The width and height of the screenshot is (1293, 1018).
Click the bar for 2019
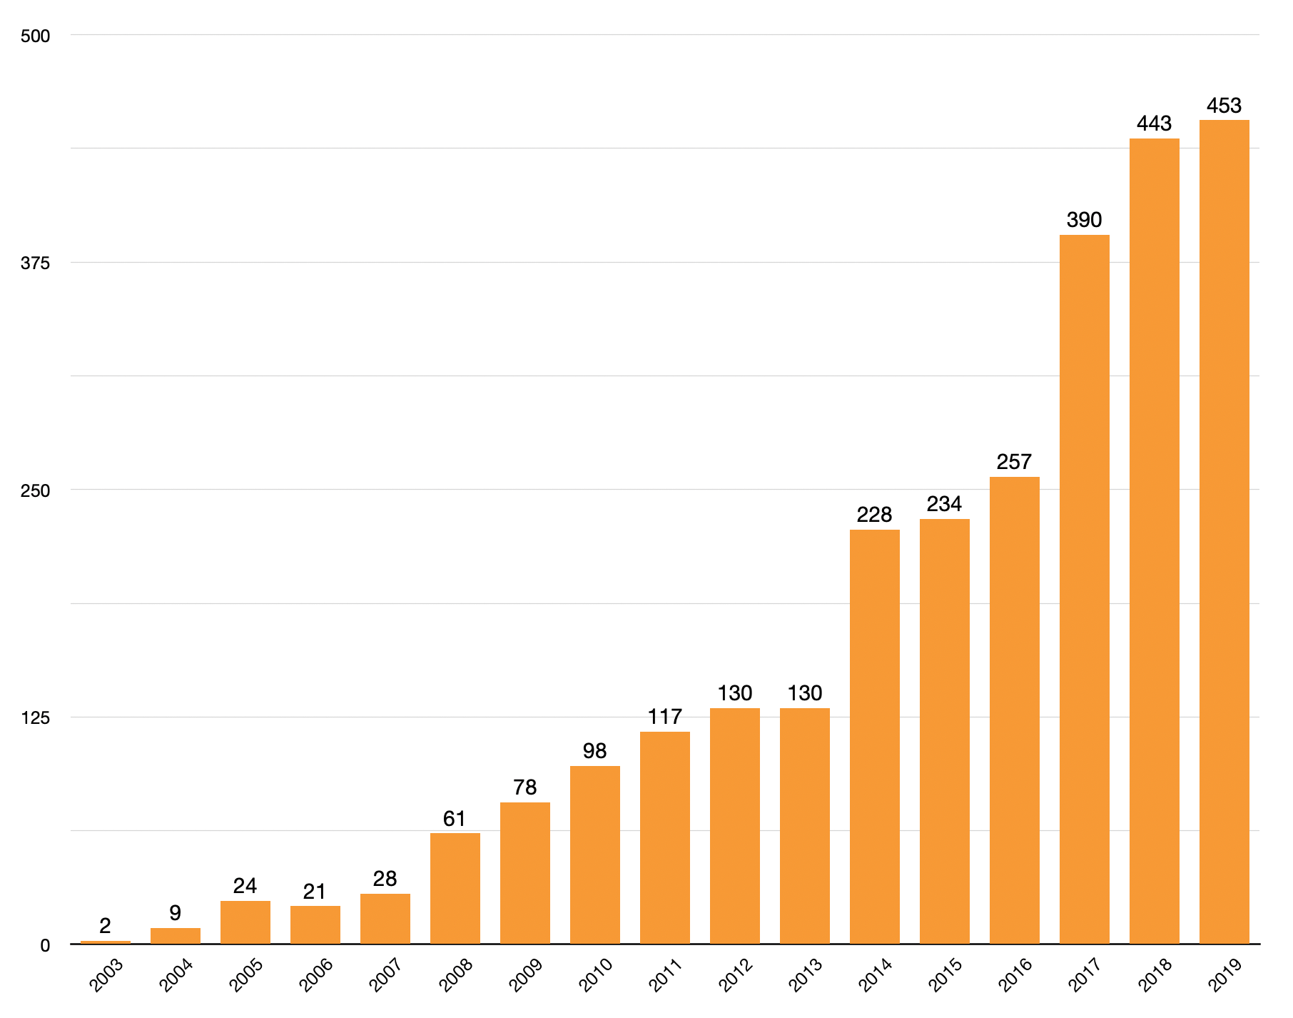1224,532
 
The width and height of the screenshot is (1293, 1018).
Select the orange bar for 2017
1084,589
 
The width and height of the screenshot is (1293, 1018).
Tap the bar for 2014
874,737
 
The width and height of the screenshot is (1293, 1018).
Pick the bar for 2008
455,888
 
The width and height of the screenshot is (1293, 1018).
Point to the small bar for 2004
175,935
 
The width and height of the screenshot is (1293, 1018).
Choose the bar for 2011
664,837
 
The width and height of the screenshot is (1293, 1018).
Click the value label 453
1224,106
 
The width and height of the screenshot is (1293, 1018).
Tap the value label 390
1084,220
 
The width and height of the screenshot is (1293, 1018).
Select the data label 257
1014,462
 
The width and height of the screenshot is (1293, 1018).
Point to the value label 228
874,515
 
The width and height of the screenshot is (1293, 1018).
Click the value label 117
664,717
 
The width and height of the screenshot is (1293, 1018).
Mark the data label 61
455,819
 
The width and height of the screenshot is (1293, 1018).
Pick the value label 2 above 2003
105,926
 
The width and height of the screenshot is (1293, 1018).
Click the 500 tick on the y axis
36,36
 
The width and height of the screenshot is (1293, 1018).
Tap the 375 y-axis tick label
36,263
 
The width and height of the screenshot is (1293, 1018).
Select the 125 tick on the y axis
36,718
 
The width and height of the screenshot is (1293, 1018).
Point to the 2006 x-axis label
316,975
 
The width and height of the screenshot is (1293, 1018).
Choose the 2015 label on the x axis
945,975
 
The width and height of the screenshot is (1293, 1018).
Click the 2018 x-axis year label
1155,975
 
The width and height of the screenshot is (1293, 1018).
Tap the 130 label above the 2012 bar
734,693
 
